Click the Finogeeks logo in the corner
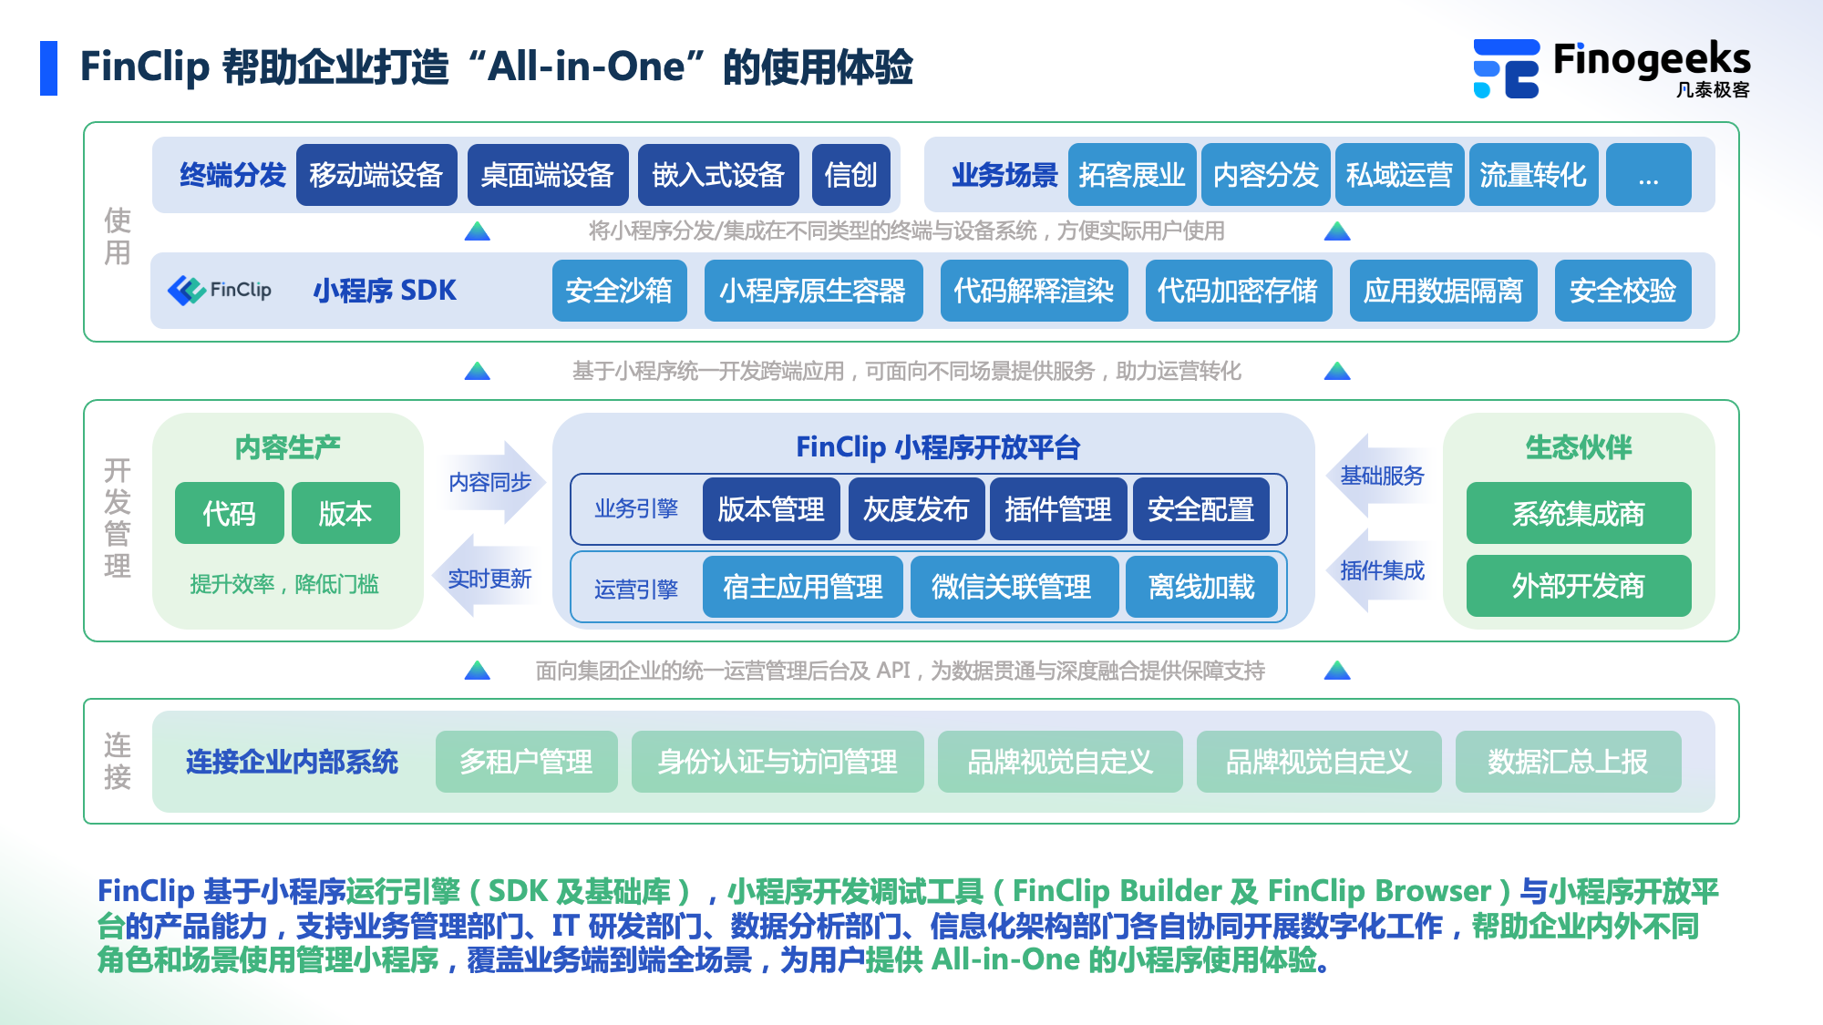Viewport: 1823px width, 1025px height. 1611,68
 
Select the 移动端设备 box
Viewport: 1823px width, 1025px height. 376,175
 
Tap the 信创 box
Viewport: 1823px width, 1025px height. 850,175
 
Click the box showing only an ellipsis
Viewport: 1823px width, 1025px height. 1648,175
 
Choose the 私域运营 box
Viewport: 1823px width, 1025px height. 1399,175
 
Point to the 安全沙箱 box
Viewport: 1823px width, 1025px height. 619,291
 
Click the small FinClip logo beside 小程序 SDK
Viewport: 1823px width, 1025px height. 220,291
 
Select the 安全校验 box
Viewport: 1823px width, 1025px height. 1622,291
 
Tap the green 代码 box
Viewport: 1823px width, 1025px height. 229,514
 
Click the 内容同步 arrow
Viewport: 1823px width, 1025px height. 492,482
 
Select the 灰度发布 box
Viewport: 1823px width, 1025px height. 916,509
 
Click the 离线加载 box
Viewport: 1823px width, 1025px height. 1201,588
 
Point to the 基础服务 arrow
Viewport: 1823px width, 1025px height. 1380,476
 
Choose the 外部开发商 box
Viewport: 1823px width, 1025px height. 1578,586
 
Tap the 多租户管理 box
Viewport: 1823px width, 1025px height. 526,762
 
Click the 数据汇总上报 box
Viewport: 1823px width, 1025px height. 1568,762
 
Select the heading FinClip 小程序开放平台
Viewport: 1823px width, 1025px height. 937,447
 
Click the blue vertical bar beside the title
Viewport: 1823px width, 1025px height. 48,68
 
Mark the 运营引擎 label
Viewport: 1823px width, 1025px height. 636,589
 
